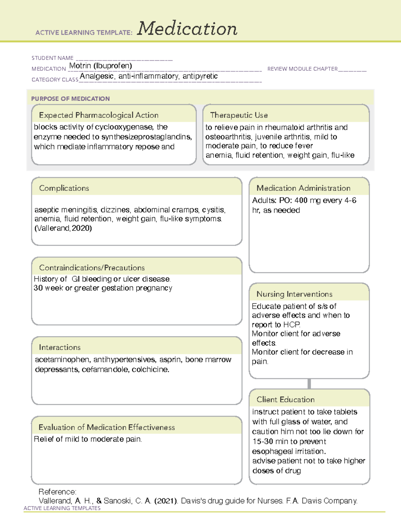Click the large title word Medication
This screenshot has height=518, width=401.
(x=187, y=29)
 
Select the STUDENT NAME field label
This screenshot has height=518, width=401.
(x=52, y=58)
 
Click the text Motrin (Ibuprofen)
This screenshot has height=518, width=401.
(x=101, y=66)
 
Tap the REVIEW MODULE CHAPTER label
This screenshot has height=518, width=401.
(x=302, y=69)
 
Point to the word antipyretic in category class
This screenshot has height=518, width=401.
(x=200, y=76)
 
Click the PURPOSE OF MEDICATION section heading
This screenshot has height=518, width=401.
(x=71, y=99)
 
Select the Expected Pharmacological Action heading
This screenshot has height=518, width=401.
(x=99, y=115)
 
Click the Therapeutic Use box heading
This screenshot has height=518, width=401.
(x=239, y=115)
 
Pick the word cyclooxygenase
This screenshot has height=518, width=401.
(x=124, y=127)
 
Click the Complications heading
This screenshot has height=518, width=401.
(x=64, y=188)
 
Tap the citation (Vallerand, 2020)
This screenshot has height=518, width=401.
(x=63, y=228)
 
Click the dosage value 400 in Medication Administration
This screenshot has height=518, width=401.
(x=301, y=200)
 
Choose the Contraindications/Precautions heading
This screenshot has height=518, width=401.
(x=92, y=268)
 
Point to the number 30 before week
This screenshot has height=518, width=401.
(x=38, y=288)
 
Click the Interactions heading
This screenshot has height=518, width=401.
(x=60, y=348)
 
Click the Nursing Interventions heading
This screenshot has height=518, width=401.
(x=294, y=294)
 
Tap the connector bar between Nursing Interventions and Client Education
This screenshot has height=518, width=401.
(x=309, y=384)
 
